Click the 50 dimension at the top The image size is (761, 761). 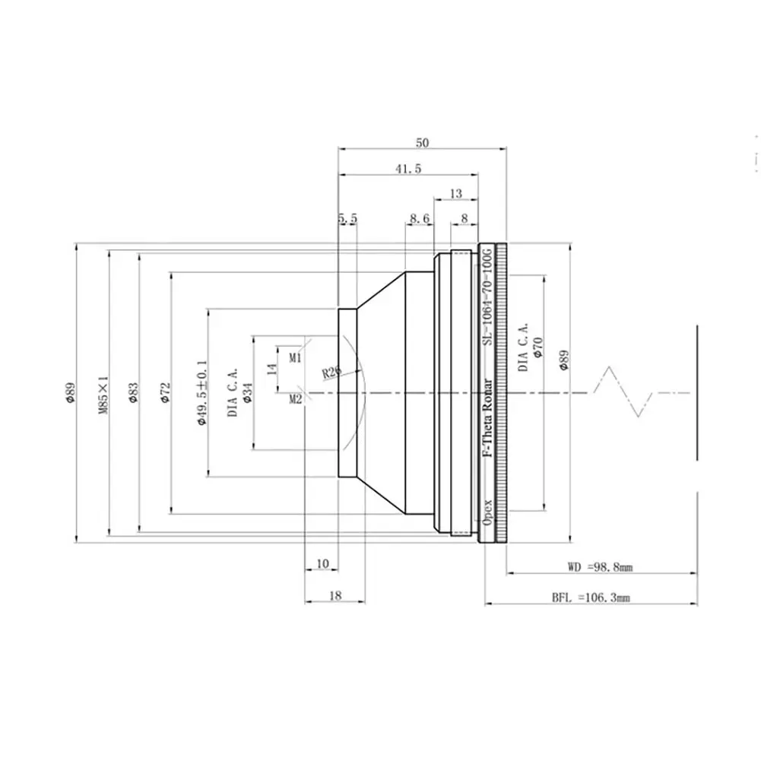[x=422, y=143]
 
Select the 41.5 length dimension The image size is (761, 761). [x=408, y=169]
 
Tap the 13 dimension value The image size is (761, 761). [x=455, y=194]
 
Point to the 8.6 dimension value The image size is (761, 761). [x=420, y=218]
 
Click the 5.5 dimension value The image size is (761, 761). [x=347, y=218]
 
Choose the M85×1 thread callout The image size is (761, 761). [x=103, y=394]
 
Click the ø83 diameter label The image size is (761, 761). [x=134, y=392]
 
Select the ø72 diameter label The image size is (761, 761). [x=166, y=392]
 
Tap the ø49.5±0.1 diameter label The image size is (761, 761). [x=202, y=393]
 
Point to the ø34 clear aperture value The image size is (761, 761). [x=247, y=392]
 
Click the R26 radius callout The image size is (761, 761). [x=332, y=372]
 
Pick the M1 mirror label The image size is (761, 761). [x=295, y=358]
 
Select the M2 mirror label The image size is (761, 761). [x=296, y=399]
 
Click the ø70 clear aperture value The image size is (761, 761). [x=537, y=347]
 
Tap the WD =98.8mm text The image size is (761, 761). [x=601, y=567]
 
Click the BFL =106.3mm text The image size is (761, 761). [x=591, y=598]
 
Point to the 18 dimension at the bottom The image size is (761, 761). [x=335, y=595]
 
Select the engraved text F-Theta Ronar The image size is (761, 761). [x=487, y=418]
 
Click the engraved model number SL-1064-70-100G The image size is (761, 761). [x=487, y=296]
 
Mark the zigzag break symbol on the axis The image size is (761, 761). [x=623, y=392]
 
